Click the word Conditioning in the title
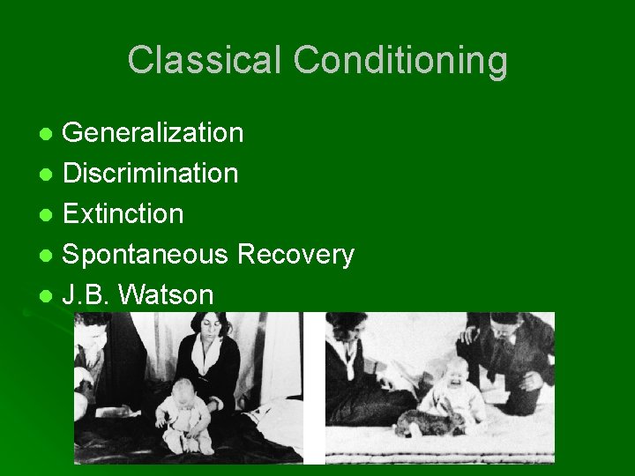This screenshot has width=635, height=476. pyautogui.click(x=400, y=62)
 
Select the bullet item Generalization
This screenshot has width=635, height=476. pyautogui.click(x=153, y=132)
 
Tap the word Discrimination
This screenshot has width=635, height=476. pyautogui.click(x=150, y=173)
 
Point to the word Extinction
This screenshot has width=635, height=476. pyautogui.click(x=123, y=213)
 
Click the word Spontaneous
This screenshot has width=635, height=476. pyautogui.click(x=147, y=255)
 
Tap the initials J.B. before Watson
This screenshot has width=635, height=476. pyautogui.click(x=86, y=295)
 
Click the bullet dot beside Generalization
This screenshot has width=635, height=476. pyautogui.click(x=48, y=134)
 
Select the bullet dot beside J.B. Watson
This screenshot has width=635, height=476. pyautogui.click(x=48, y=296)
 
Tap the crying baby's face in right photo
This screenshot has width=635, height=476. pyautogui.click(x=458, y=374)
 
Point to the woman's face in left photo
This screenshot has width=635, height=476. pyautogui.click(x=207, y=329)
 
